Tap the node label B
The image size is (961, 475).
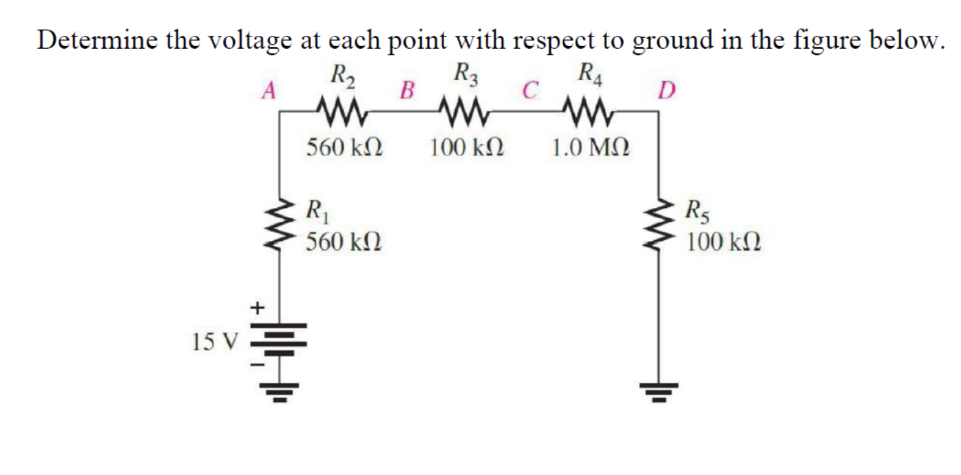tap(408, 90)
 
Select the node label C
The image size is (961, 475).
tap(528, 90)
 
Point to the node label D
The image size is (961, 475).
tap(666, 90)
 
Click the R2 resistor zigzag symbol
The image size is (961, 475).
tap(342, 109)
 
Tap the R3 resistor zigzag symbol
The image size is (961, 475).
tap(462, 109)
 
